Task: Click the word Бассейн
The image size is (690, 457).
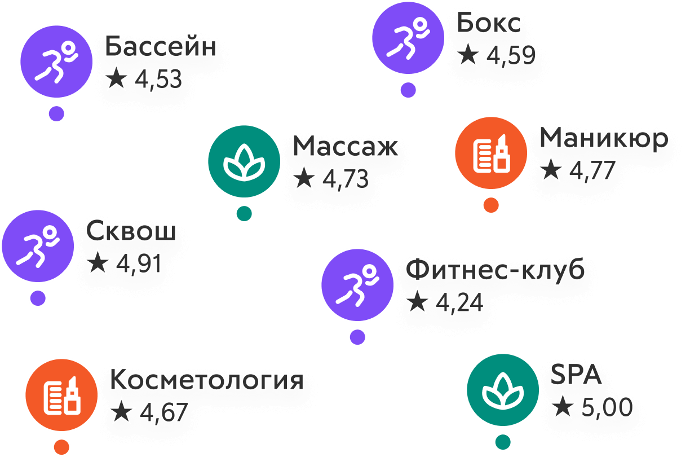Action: pos(161,47)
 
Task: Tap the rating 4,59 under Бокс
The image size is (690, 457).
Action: pos(511,56)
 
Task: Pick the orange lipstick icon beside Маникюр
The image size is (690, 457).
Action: pos(491,153)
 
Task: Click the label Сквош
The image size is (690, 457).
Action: pos(131,232)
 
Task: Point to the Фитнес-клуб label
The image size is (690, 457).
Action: pos(495,271)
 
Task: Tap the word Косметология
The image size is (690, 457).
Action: pos(206,380)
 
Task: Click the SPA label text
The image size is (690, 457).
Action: pos(576,376)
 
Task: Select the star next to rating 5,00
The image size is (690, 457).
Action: pos(562,407)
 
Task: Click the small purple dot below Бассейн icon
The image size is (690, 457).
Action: pos(56,113)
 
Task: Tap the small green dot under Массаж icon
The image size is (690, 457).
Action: pos(244,213)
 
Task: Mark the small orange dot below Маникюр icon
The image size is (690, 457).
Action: pos(491,205)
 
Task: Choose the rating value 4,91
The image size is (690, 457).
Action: pos(139,263)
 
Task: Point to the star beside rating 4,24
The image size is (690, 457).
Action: pos(418,302)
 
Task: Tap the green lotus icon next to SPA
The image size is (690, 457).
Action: pos(502,390)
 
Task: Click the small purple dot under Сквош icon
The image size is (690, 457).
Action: pos(38,298)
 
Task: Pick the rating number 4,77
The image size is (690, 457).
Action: pos(591,170)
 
